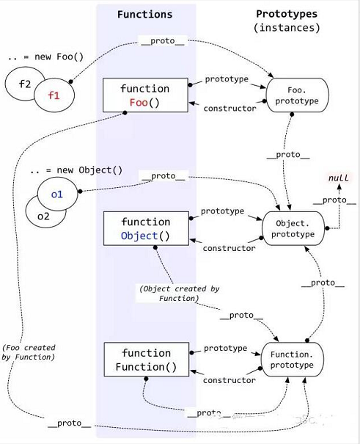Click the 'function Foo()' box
pos(145,95)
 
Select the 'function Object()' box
pos(146,228)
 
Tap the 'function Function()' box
pos(147,360)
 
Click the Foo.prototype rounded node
pos(297,95)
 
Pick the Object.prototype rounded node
pos(293,228)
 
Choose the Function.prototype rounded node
pos(292,360)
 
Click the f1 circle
pos(54,95)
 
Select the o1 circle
pos(57,194)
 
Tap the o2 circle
pos(43,217)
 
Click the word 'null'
pos(339,178)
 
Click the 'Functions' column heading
pos(144,14)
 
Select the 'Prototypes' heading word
pos(287,14)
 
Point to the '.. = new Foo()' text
pos(45,57)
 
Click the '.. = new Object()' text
pos(76,170)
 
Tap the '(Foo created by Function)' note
pos(29,352)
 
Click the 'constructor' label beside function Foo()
pos(229,109)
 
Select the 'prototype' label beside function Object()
pos(223,211)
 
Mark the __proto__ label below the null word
pos(334,200)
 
